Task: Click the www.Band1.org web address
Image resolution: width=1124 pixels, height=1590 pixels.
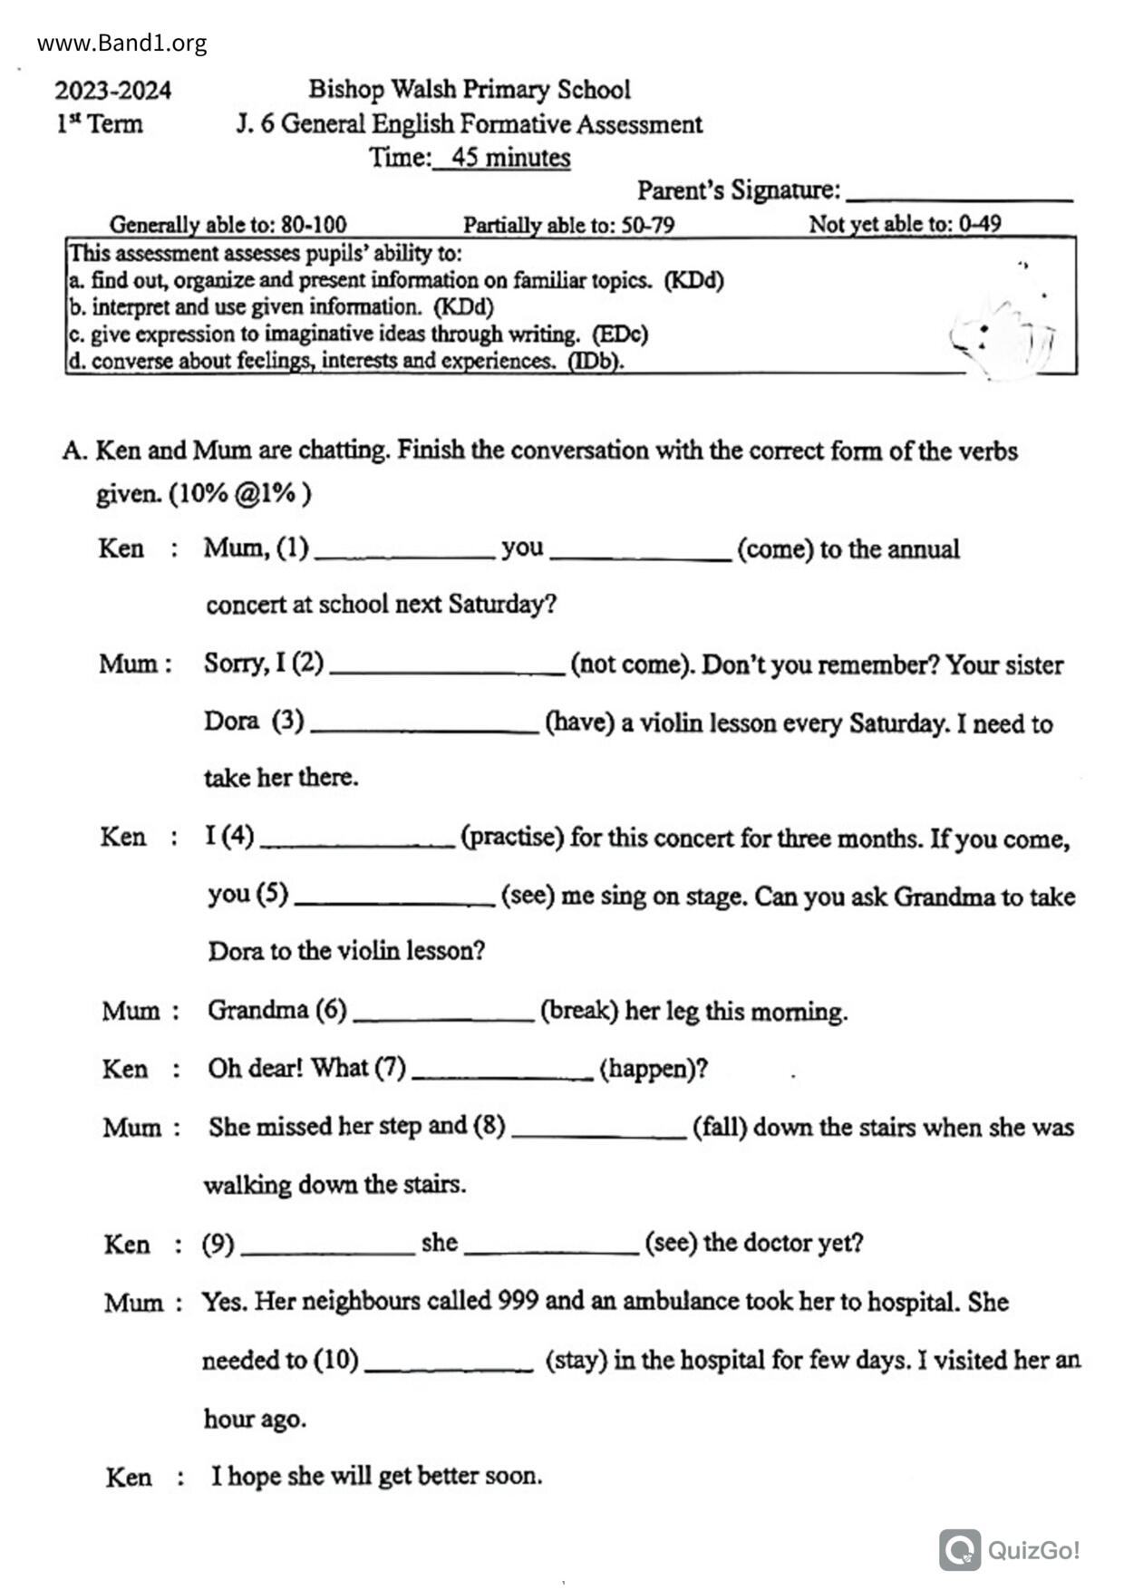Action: [121, 43]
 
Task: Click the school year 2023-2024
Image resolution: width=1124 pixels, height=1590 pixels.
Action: [112, 91]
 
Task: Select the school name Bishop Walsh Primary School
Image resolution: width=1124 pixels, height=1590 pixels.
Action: [469, 89]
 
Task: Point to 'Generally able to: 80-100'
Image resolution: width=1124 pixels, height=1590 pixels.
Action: [228, 224]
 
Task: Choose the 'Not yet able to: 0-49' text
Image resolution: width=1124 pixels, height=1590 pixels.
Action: [905, 224]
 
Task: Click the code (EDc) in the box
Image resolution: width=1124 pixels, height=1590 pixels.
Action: [620, 334]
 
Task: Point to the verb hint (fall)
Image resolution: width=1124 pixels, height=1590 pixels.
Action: [720, 1127]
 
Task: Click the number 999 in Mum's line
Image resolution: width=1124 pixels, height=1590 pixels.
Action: [518, 1301]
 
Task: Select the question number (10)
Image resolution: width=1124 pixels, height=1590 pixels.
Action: [336, 1360]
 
